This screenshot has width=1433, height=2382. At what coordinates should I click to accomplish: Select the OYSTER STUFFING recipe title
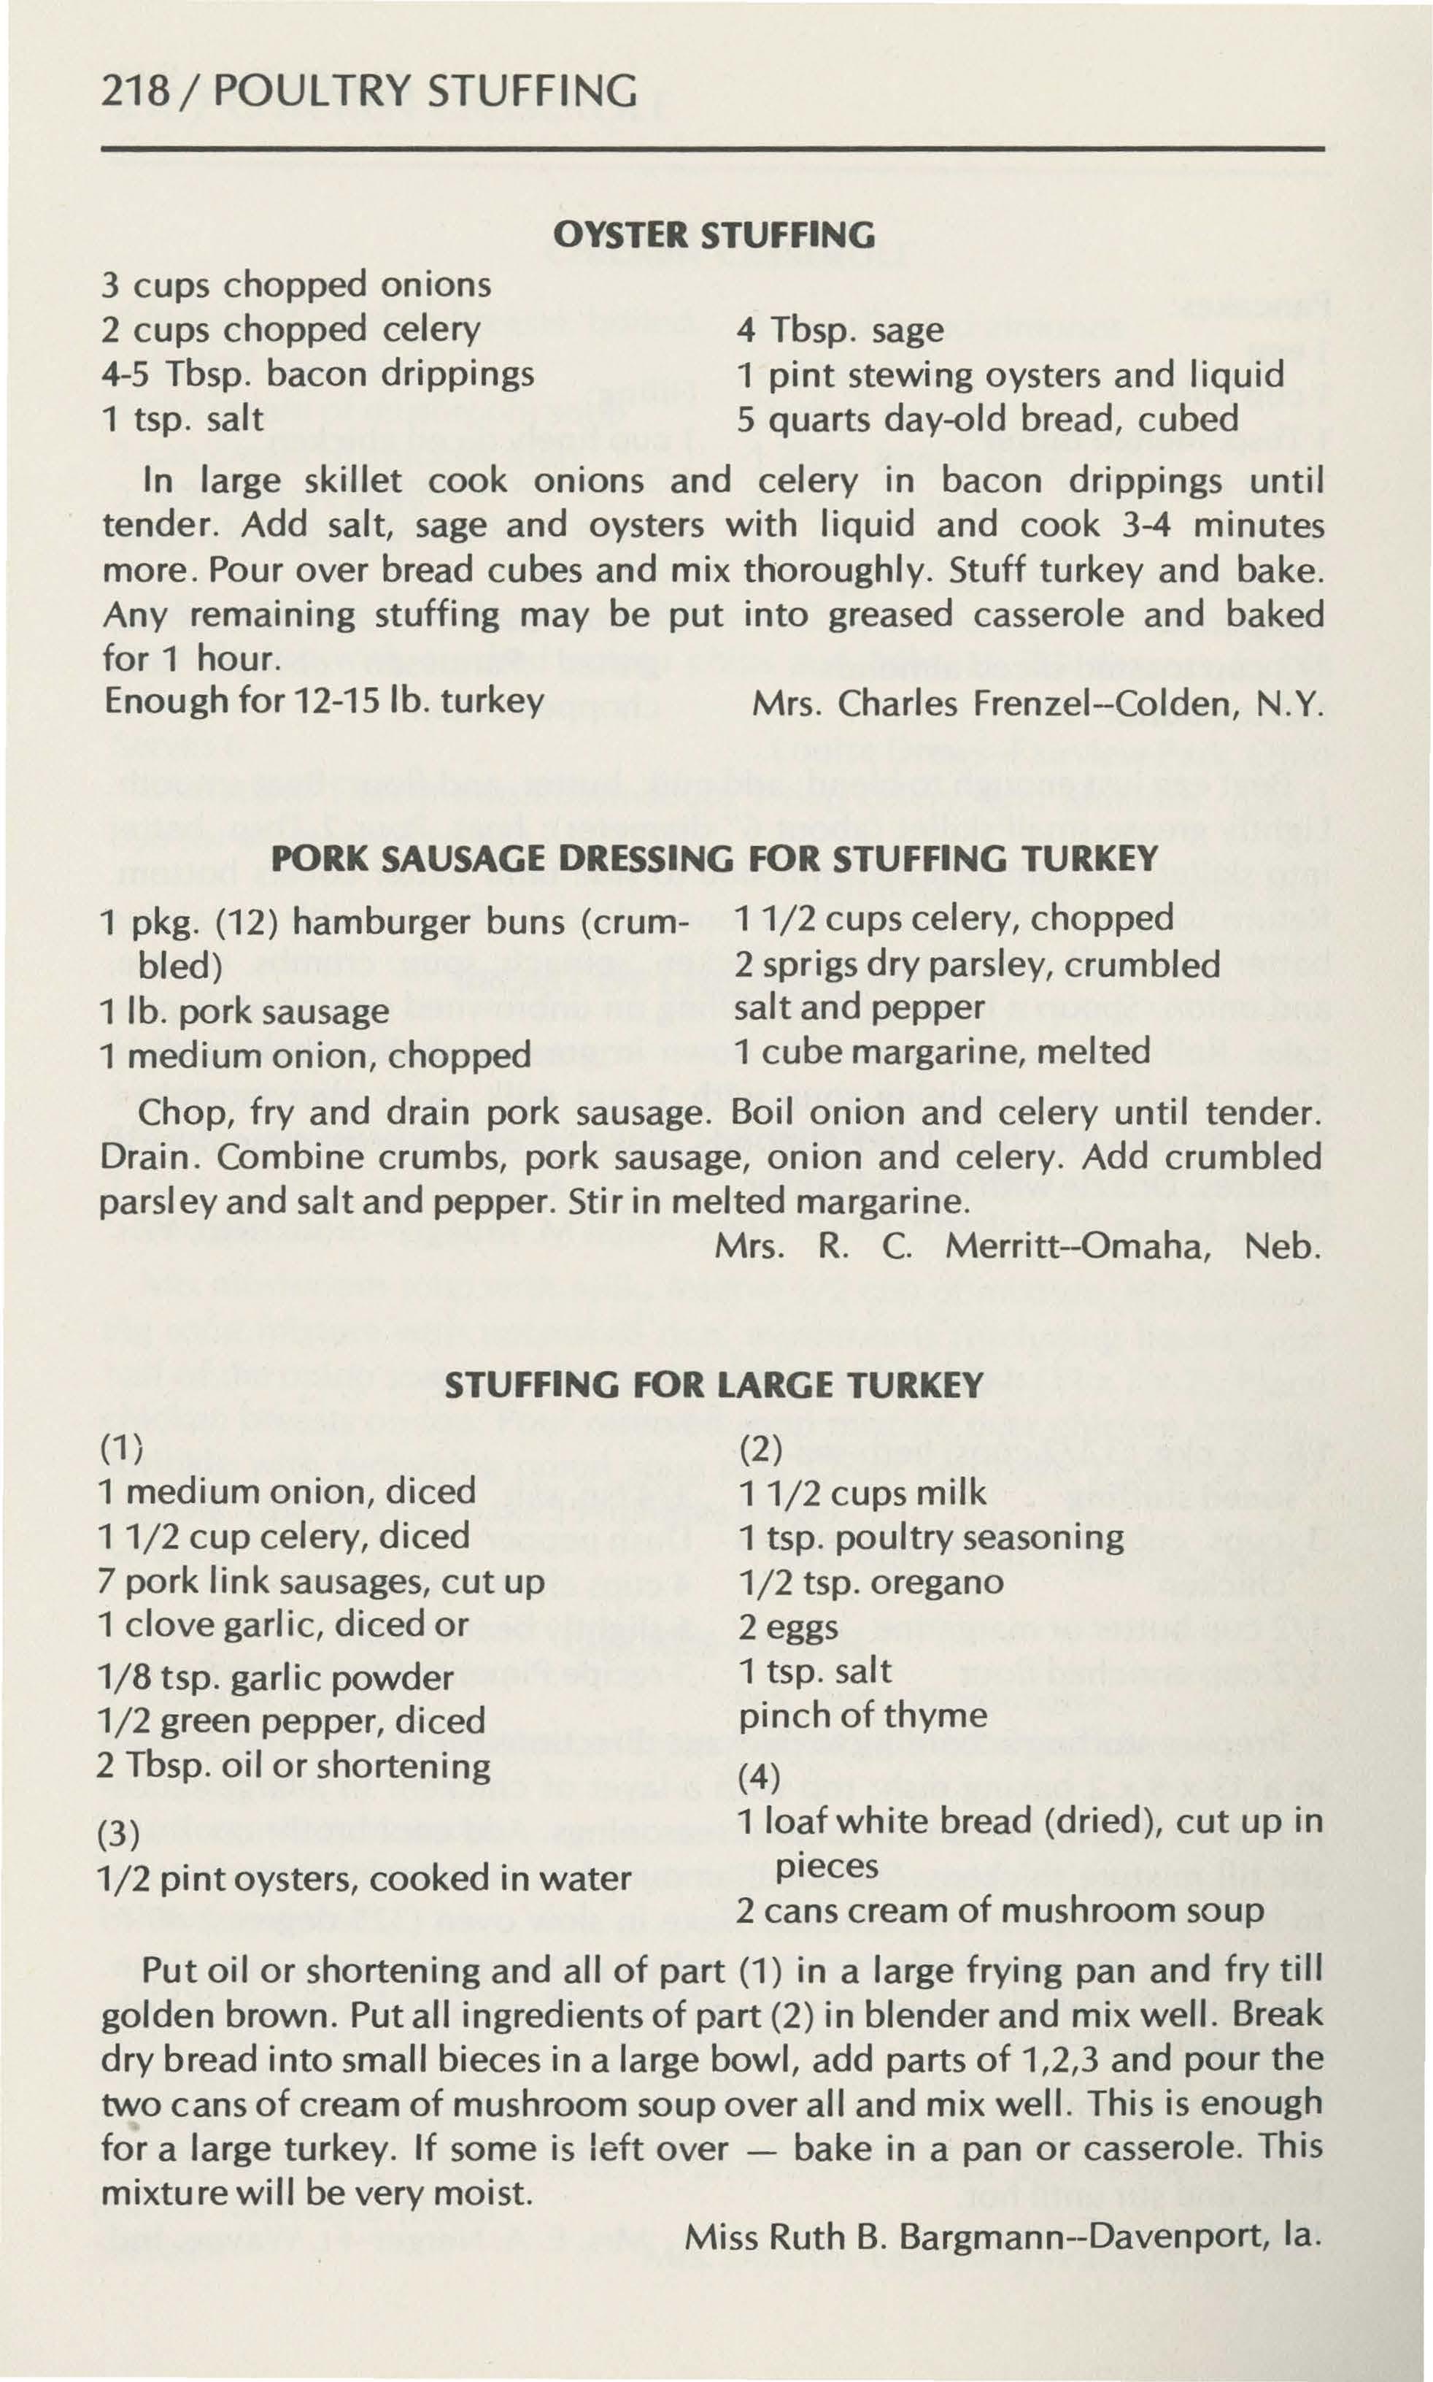[x=714, y=236]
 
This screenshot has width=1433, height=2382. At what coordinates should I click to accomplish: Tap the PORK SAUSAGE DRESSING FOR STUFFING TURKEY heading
[x=714, y=858]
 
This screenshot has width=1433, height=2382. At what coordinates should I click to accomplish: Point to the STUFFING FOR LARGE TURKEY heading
[x=714, y=1385]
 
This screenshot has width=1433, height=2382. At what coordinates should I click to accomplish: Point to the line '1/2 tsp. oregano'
[x=871, y=1581]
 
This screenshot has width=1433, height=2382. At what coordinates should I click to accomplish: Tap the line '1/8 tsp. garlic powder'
[x=275, y=1677]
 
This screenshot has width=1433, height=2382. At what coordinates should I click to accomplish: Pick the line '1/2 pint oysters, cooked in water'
[x=365, y=1877]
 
